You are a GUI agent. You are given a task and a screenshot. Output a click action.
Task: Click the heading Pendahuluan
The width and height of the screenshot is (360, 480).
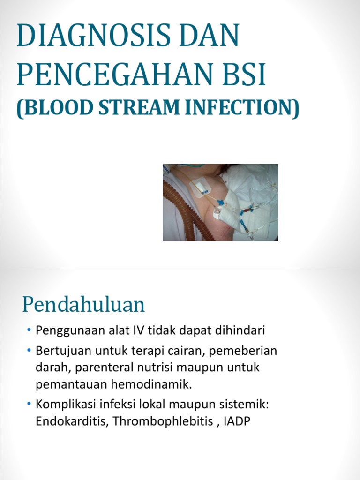pyautogui.click(x=83, y=305)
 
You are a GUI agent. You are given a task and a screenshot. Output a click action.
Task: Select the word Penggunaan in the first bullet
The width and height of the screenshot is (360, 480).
pyautogui.click(x=63, y=330)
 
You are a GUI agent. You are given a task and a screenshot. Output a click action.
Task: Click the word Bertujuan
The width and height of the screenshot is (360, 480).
pyautogui.click(x=60, y=351)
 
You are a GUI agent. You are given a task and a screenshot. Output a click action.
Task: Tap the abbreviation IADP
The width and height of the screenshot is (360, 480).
pyautogui.click(x=238, y=421)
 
